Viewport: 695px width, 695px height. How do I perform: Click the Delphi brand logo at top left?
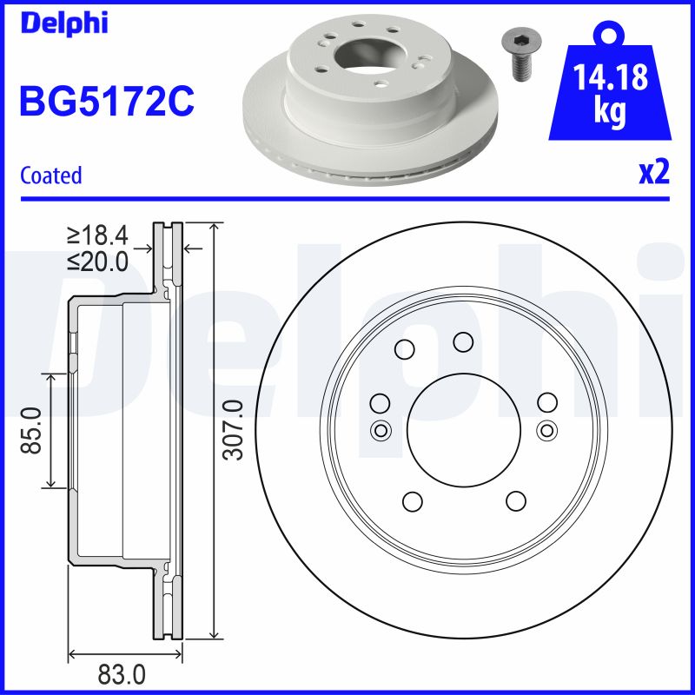[63, 23]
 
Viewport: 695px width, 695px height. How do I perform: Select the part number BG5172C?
[107, 101]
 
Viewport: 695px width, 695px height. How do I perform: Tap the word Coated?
[51, 175]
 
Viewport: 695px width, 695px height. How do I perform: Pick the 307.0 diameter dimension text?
[234, 429]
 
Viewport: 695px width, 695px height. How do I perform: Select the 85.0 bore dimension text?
[31, 430]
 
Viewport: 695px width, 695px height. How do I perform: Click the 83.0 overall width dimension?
[122, 675]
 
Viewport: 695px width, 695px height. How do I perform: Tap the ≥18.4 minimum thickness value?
[97, 235]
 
